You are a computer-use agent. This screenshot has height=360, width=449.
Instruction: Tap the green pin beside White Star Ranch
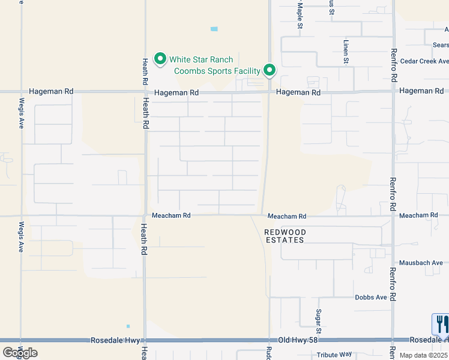click(160, 59)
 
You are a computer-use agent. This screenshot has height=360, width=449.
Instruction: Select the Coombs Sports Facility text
click(217, 71)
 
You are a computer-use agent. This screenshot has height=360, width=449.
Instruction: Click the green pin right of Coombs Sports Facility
click(270, 70)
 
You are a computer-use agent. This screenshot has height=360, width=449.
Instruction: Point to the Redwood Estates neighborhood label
click(285, 236)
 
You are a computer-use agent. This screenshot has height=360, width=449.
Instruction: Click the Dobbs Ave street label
click(370, 298)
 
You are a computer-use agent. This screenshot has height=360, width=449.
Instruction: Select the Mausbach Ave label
click(423, 262)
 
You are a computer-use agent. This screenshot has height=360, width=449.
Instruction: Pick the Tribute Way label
click(336, 355)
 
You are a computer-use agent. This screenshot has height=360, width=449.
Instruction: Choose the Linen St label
click(346, 52)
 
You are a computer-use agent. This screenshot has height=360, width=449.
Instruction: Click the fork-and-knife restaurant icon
click(441, 324)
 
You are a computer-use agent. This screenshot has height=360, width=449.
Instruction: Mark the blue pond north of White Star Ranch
click(214, 29)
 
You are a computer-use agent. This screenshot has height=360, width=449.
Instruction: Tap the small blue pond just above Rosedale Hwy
click(128, 326)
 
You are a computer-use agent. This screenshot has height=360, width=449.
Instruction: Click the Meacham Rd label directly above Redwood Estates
click(287, 216)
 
